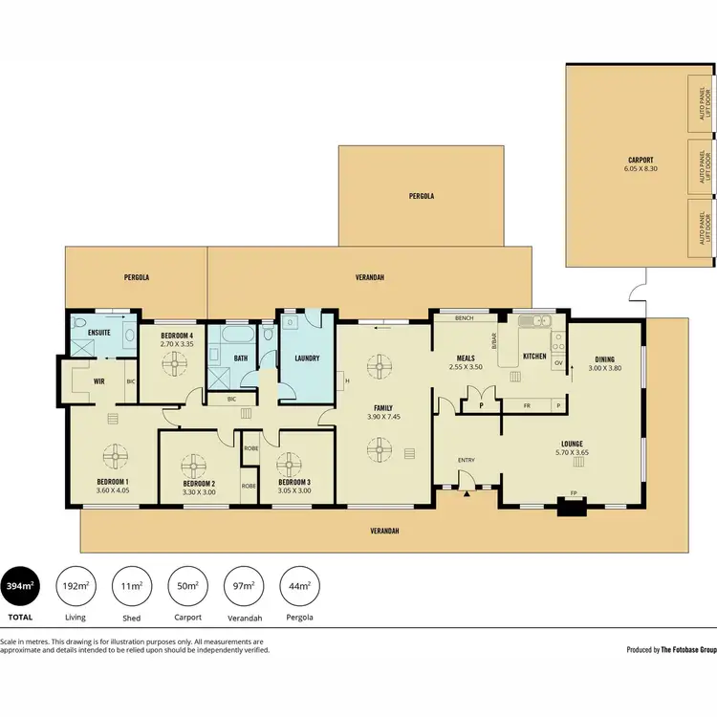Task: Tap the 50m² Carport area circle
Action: [188, 586]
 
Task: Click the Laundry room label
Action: [306, 358]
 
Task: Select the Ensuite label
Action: [98, 332]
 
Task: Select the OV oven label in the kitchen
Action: [557, 363]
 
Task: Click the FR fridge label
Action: [526, 405]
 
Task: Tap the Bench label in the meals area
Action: [466, 317]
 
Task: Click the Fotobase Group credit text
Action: [670, 649]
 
